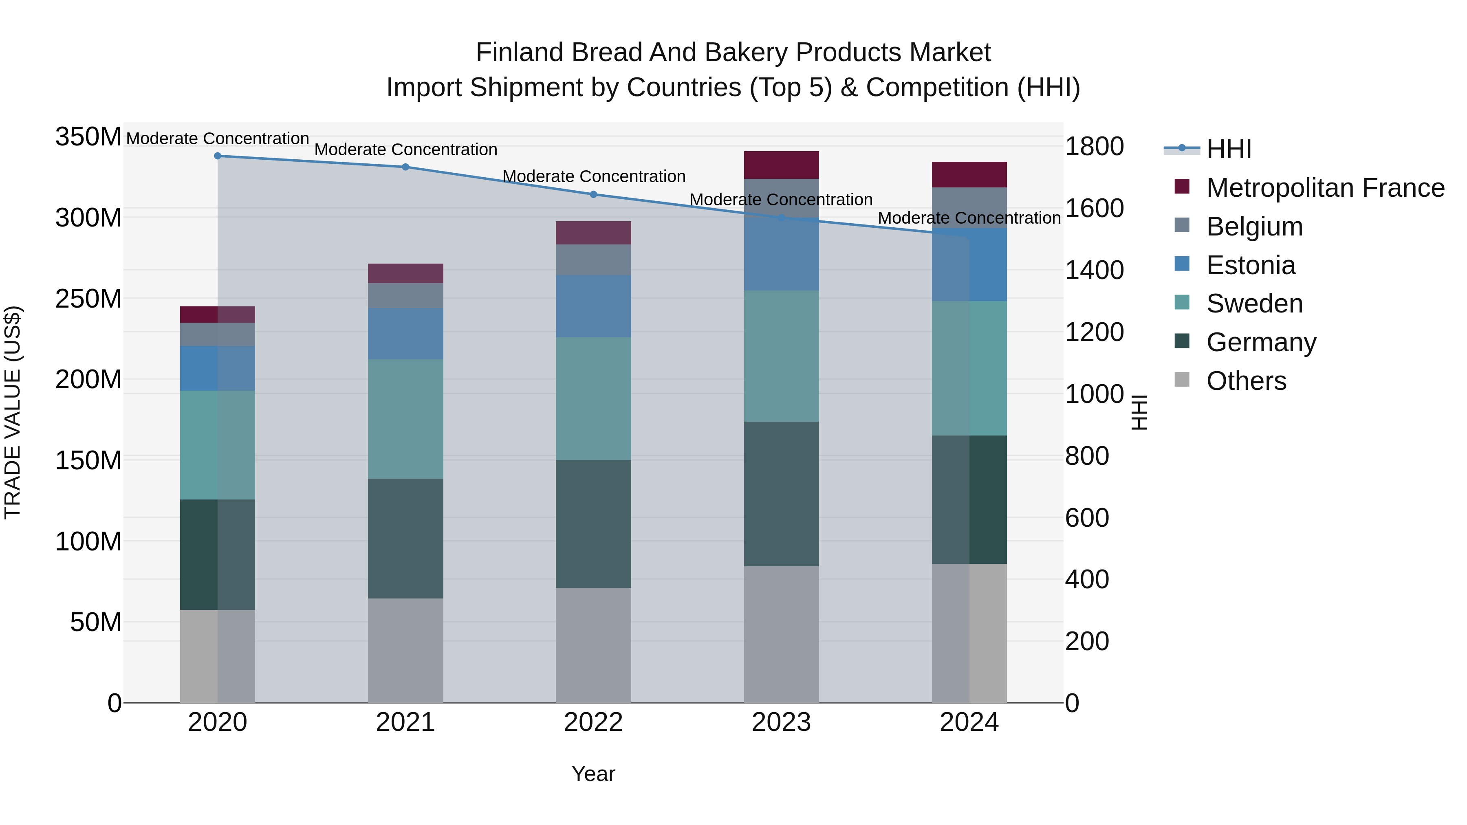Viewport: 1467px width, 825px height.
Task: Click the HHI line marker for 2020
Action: point(218,156)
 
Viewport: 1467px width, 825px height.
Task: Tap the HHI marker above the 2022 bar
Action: point(593,195)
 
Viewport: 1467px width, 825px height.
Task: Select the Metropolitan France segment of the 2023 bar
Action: point(781,165)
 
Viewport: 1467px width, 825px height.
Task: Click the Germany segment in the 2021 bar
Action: point(405,538)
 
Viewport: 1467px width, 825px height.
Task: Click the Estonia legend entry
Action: point(1251,265)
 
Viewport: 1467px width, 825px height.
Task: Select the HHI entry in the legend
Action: point(1228,149)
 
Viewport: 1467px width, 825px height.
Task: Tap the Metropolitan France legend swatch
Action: point(1182,187)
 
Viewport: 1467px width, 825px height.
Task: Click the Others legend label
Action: point(1246,381)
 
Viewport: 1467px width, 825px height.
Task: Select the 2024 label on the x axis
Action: point(969,722)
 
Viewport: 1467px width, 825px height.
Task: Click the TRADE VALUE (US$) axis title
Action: point(13,412)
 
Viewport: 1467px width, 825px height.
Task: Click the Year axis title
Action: point(593,774)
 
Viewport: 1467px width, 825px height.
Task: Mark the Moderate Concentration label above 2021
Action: point(405,150)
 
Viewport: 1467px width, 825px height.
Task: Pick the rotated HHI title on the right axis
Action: point(1139,412)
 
